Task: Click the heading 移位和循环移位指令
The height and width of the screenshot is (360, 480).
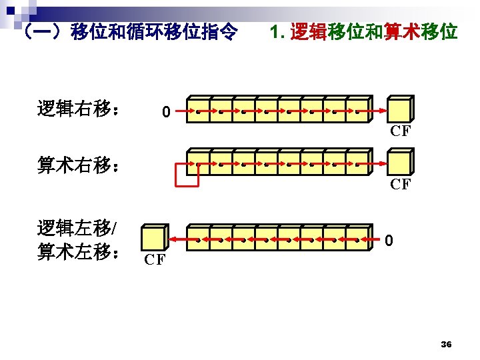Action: tap(127, 31)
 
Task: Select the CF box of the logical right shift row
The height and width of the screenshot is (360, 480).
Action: tap(400, 109)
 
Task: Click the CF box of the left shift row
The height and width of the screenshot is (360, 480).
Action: tap(154, 239)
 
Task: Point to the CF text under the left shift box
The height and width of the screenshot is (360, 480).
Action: tap(155, 260)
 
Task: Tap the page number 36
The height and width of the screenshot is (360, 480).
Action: tap(447, 344)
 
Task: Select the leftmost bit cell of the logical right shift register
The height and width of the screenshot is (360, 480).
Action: tap(199, 109)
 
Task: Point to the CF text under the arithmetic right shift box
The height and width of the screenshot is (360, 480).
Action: tap(400, 185)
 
